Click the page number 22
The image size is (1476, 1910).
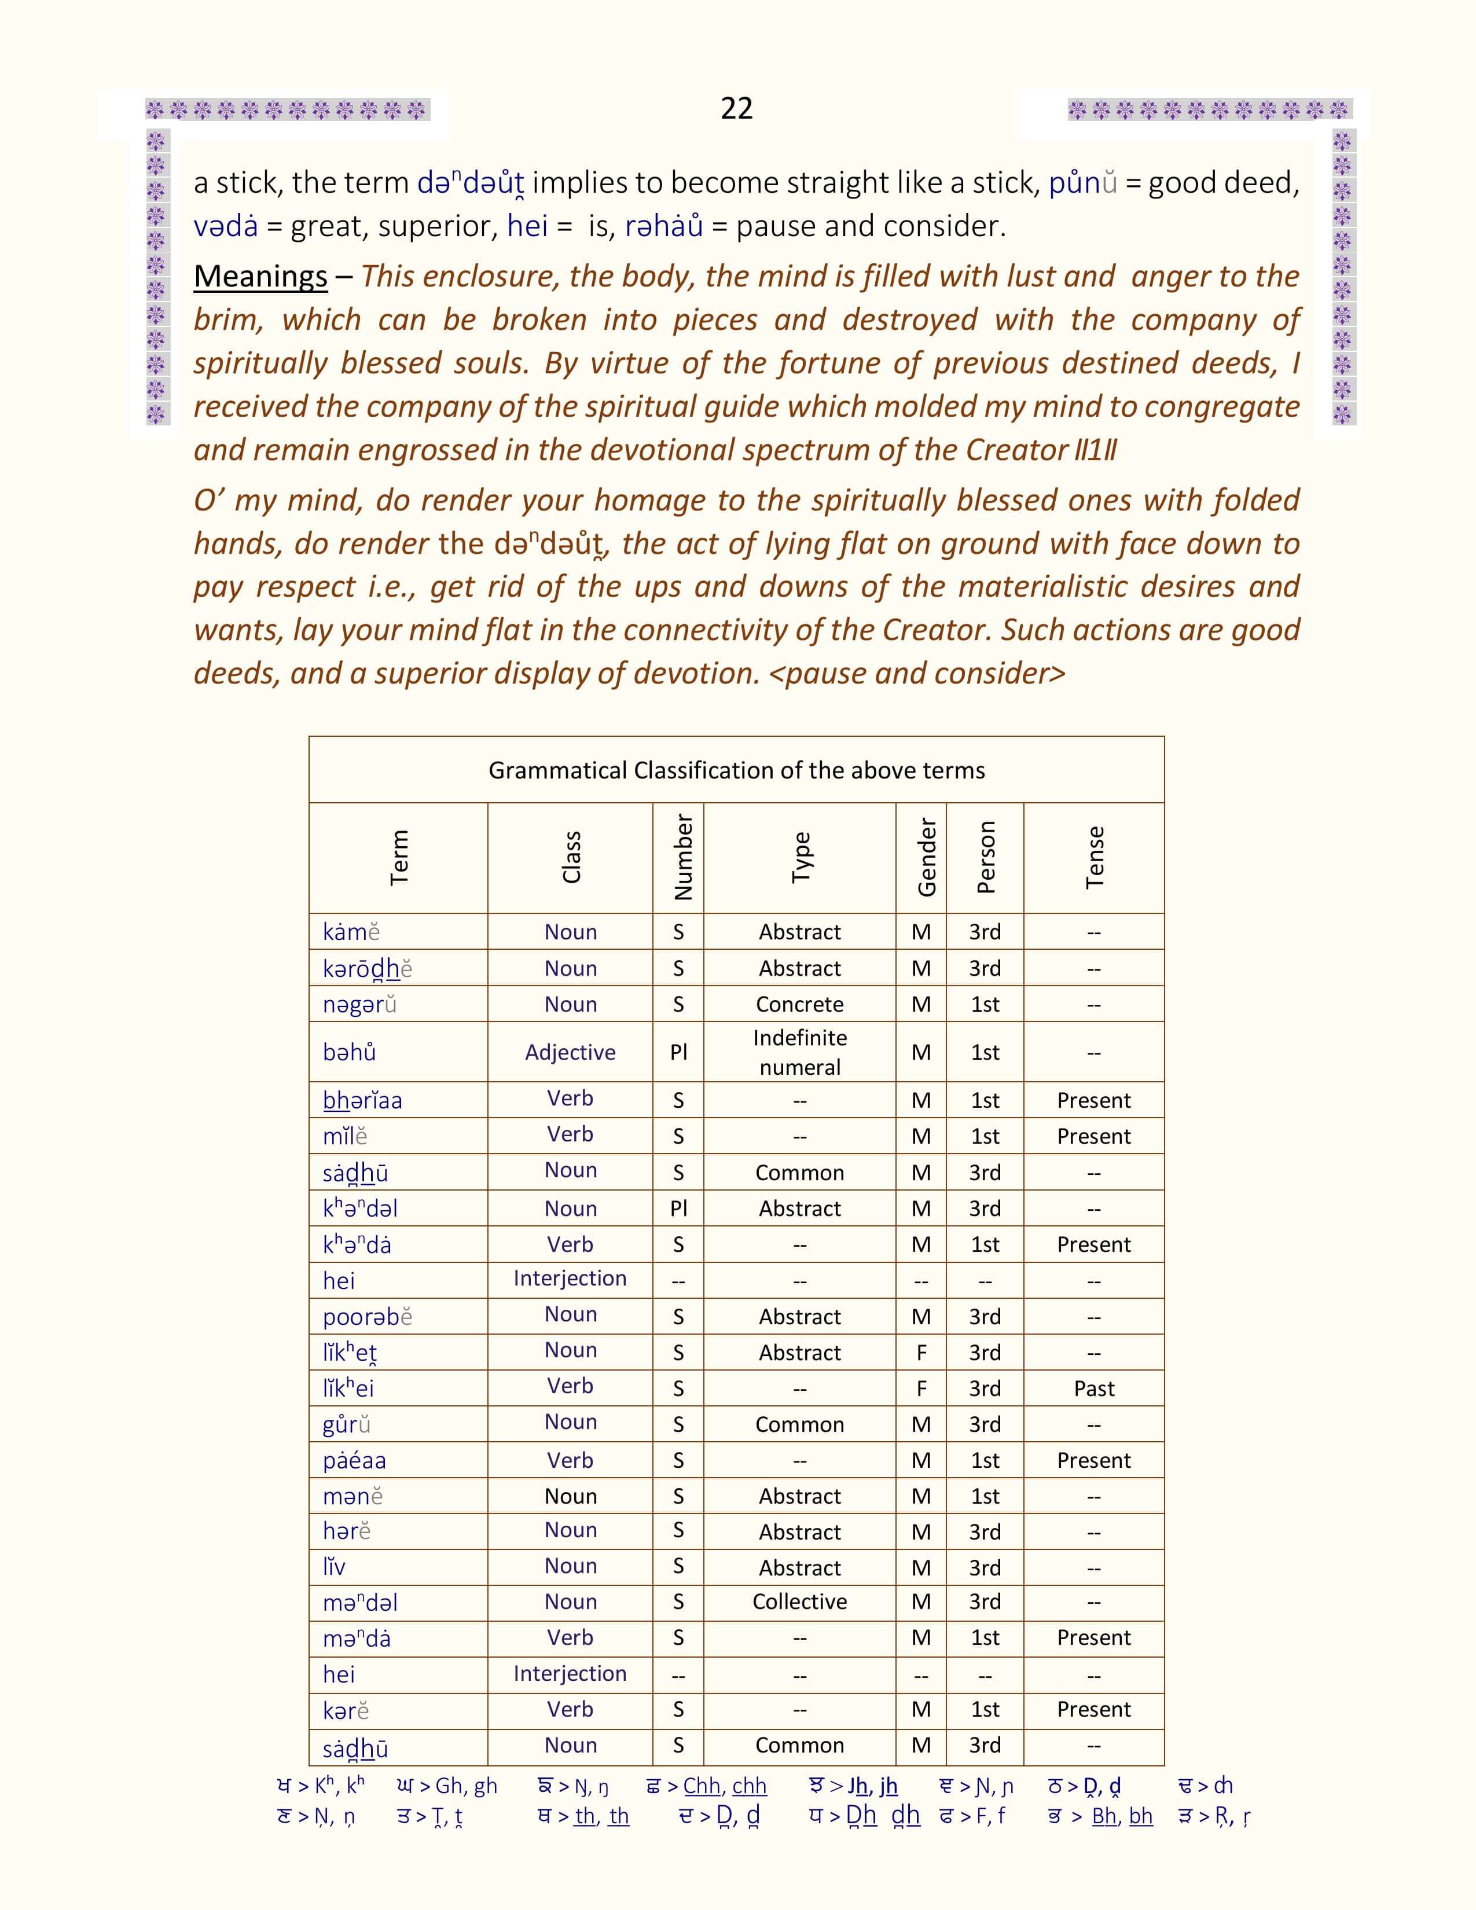pos(736,108)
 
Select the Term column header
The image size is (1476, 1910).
pos(399,858)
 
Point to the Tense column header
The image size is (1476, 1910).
pos(1094,858)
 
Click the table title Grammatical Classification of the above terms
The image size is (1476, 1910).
pos(736,770)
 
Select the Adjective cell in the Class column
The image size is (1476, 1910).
pos(570,1052)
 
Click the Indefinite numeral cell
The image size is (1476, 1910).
pos(799,1052)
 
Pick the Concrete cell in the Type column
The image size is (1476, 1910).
pos(799,1004)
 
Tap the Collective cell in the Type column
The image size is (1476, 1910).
pos(799,1602)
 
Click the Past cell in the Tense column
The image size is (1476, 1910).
pos(1094,1389)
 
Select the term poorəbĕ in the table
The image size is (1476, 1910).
pos(366,1317)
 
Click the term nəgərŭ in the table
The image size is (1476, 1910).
pos(359,1005)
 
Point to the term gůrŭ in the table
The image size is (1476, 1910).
pos(346,1424)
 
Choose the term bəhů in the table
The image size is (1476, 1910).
pos(349,1052)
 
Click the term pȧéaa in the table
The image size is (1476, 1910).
pos(354,1460)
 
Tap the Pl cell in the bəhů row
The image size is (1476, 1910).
pos(678,1052)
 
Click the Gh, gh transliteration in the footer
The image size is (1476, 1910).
pos(466,1786)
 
